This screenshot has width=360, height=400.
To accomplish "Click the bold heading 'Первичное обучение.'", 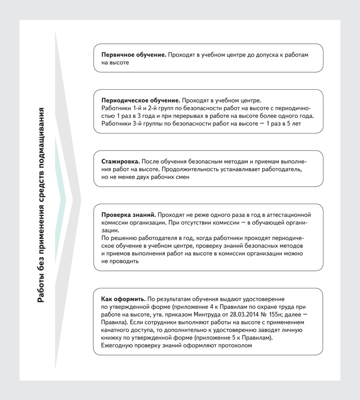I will (x=134, y=55).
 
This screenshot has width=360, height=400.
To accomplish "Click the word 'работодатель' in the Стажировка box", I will (x=278, y=169).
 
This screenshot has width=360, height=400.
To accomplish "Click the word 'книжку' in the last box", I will (x=113, y=338).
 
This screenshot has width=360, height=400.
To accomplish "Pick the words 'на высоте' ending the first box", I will (x=115, y=63).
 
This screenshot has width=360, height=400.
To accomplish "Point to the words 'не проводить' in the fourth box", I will (x=120, y=261).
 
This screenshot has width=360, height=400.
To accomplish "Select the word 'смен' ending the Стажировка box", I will (x=180, y=177).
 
